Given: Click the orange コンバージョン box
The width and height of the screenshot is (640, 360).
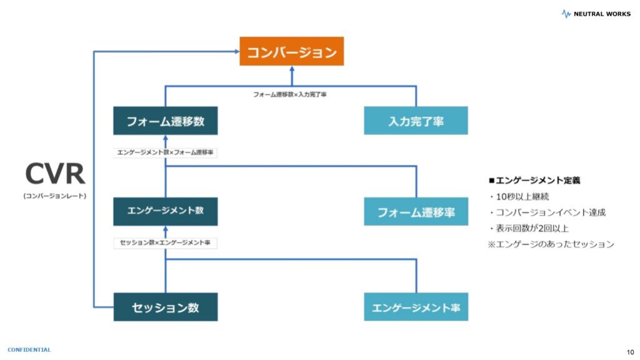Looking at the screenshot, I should pos(291,51).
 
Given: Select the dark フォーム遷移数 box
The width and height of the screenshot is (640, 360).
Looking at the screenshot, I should pos(166,121).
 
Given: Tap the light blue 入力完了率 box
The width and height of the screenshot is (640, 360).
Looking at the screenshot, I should pos(416,121).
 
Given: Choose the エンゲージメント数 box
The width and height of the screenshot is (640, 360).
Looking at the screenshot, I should pos(166,211).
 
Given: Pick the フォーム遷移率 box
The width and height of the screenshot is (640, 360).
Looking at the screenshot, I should pos(416,211).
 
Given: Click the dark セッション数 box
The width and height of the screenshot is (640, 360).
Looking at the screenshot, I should pos(166,307).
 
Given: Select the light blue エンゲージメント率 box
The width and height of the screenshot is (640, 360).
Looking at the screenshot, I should pos(416,307).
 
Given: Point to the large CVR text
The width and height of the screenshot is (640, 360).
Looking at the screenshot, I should pos(55,174).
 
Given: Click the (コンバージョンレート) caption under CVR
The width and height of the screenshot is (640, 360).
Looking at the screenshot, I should pos(55,196).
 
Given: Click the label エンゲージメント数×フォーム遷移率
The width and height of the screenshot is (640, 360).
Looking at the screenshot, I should pos(166,152).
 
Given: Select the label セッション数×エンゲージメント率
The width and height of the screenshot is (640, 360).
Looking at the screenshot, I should pos(166,242).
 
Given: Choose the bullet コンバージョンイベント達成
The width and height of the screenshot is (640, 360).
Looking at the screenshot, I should pos(546,212).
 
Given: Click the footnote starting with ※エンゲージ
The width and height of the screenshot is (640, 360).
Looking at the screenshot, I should pos(551,244).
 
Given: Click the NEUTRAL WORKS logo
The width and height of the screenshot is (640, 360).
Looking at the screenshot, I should pos(596,13).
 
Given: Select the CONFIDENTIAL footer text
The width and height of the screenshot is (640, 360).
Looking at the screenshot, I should pos(29,350).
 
